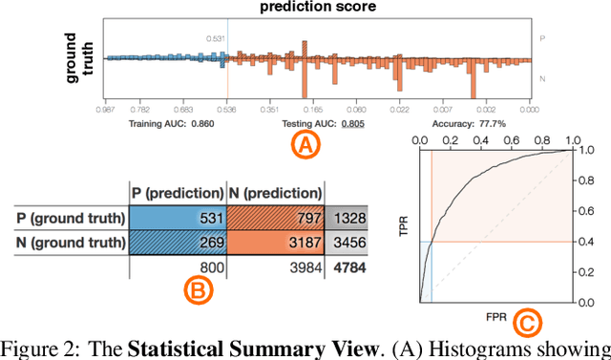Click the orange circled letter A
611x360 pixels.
click(304, 145)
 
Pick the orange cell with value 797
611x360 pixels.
click(275, 218)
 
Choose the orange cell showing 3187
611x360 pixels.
click(275, 244)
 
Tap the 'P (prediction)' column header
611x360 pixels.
click(177, 193)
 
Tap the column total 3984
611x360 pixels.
click(303, 267)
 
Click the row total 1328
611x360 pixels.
click(354, 219)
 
